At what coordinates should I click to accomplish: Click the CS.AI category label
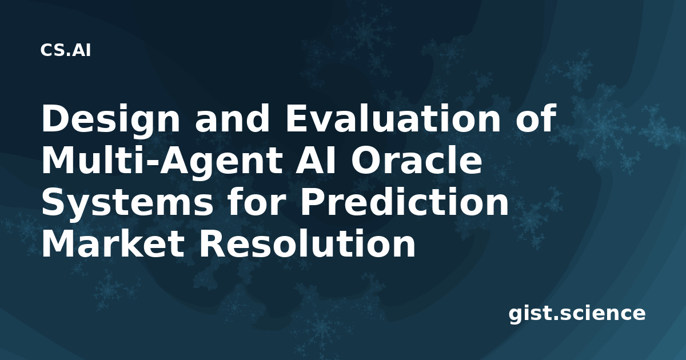66,50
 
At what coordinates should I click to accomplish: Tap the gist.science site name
577,314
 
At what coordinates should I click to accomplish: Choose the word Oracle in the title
417,161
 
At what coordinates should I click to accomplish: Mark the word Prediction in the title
404,202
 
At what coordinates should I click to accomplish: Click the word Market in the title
113,244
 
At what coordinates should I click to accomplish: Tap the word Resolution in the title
308,244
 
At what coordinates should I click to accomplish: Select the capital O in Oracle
366,161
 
